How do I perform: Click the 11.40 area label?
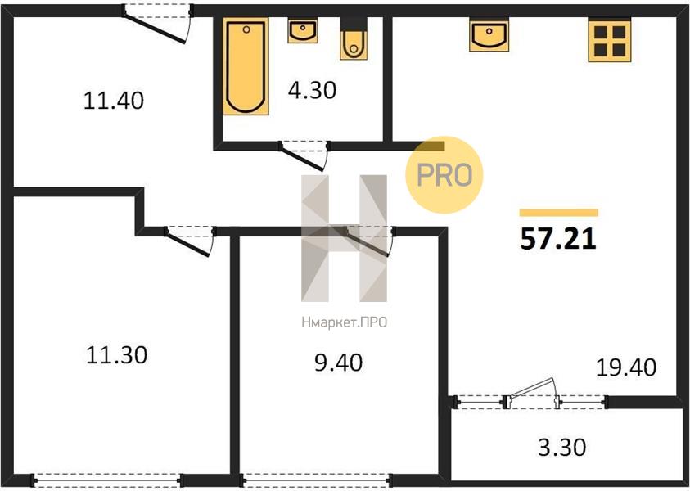(114, 101)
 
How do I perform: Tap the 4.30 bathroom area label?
(312, 90)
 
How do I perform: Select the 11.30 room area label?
(116, 354)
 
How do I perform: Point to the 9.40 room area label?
(338, 363)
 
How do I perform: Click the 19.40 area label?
(626, 367)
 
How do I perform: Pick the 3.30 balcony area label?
(562, 448)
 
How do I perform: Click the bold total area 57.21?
(558, 239)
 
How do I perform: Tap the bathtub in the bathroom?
(246, 66)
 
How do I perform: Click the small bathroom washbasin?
(303, 31)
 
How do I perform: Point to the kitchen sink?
(489, 34)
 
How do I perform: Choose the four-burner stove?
(610, 40)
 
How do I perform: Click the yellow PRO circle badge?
(444, 174)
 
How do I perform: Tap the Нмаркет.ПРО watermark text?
(344, 322)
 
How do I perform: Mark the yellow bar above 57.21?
(558, 213)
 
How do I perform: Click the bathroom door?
(304, 155)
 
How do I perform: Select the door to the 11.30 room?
(190, 241)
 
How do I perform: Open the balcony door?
(531, 393)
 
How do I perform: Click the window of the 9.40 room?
(315, 480)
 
